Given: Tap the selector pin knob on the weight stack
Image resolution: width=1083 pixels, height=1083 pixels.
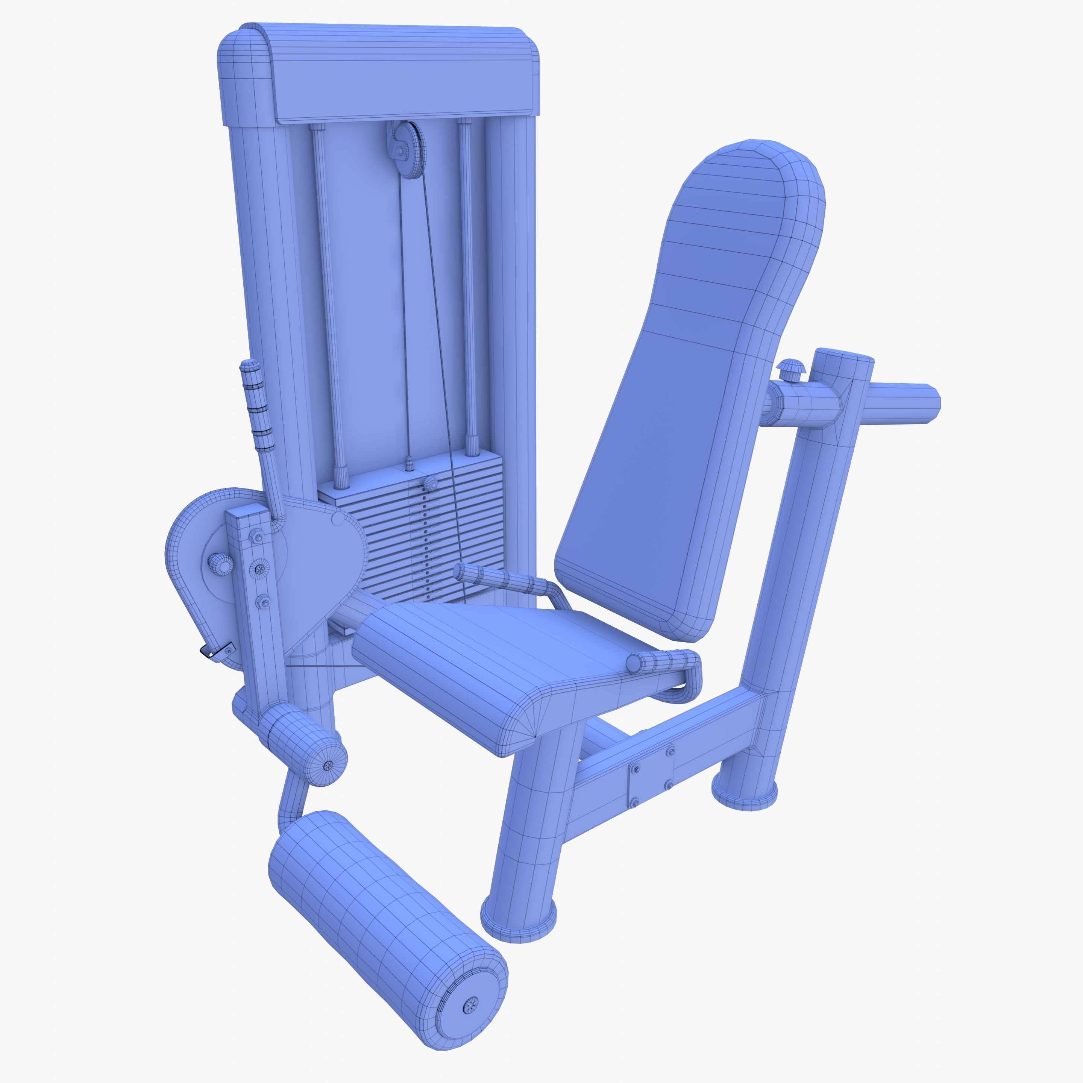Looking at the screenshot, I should point(431,483).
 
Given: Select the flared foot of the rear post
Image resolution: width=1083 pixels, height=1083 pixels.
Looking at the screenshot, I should point(745,792).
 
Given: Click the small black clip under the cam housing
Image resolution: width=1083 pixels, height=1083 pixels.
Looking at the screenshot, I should point(210,652).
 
